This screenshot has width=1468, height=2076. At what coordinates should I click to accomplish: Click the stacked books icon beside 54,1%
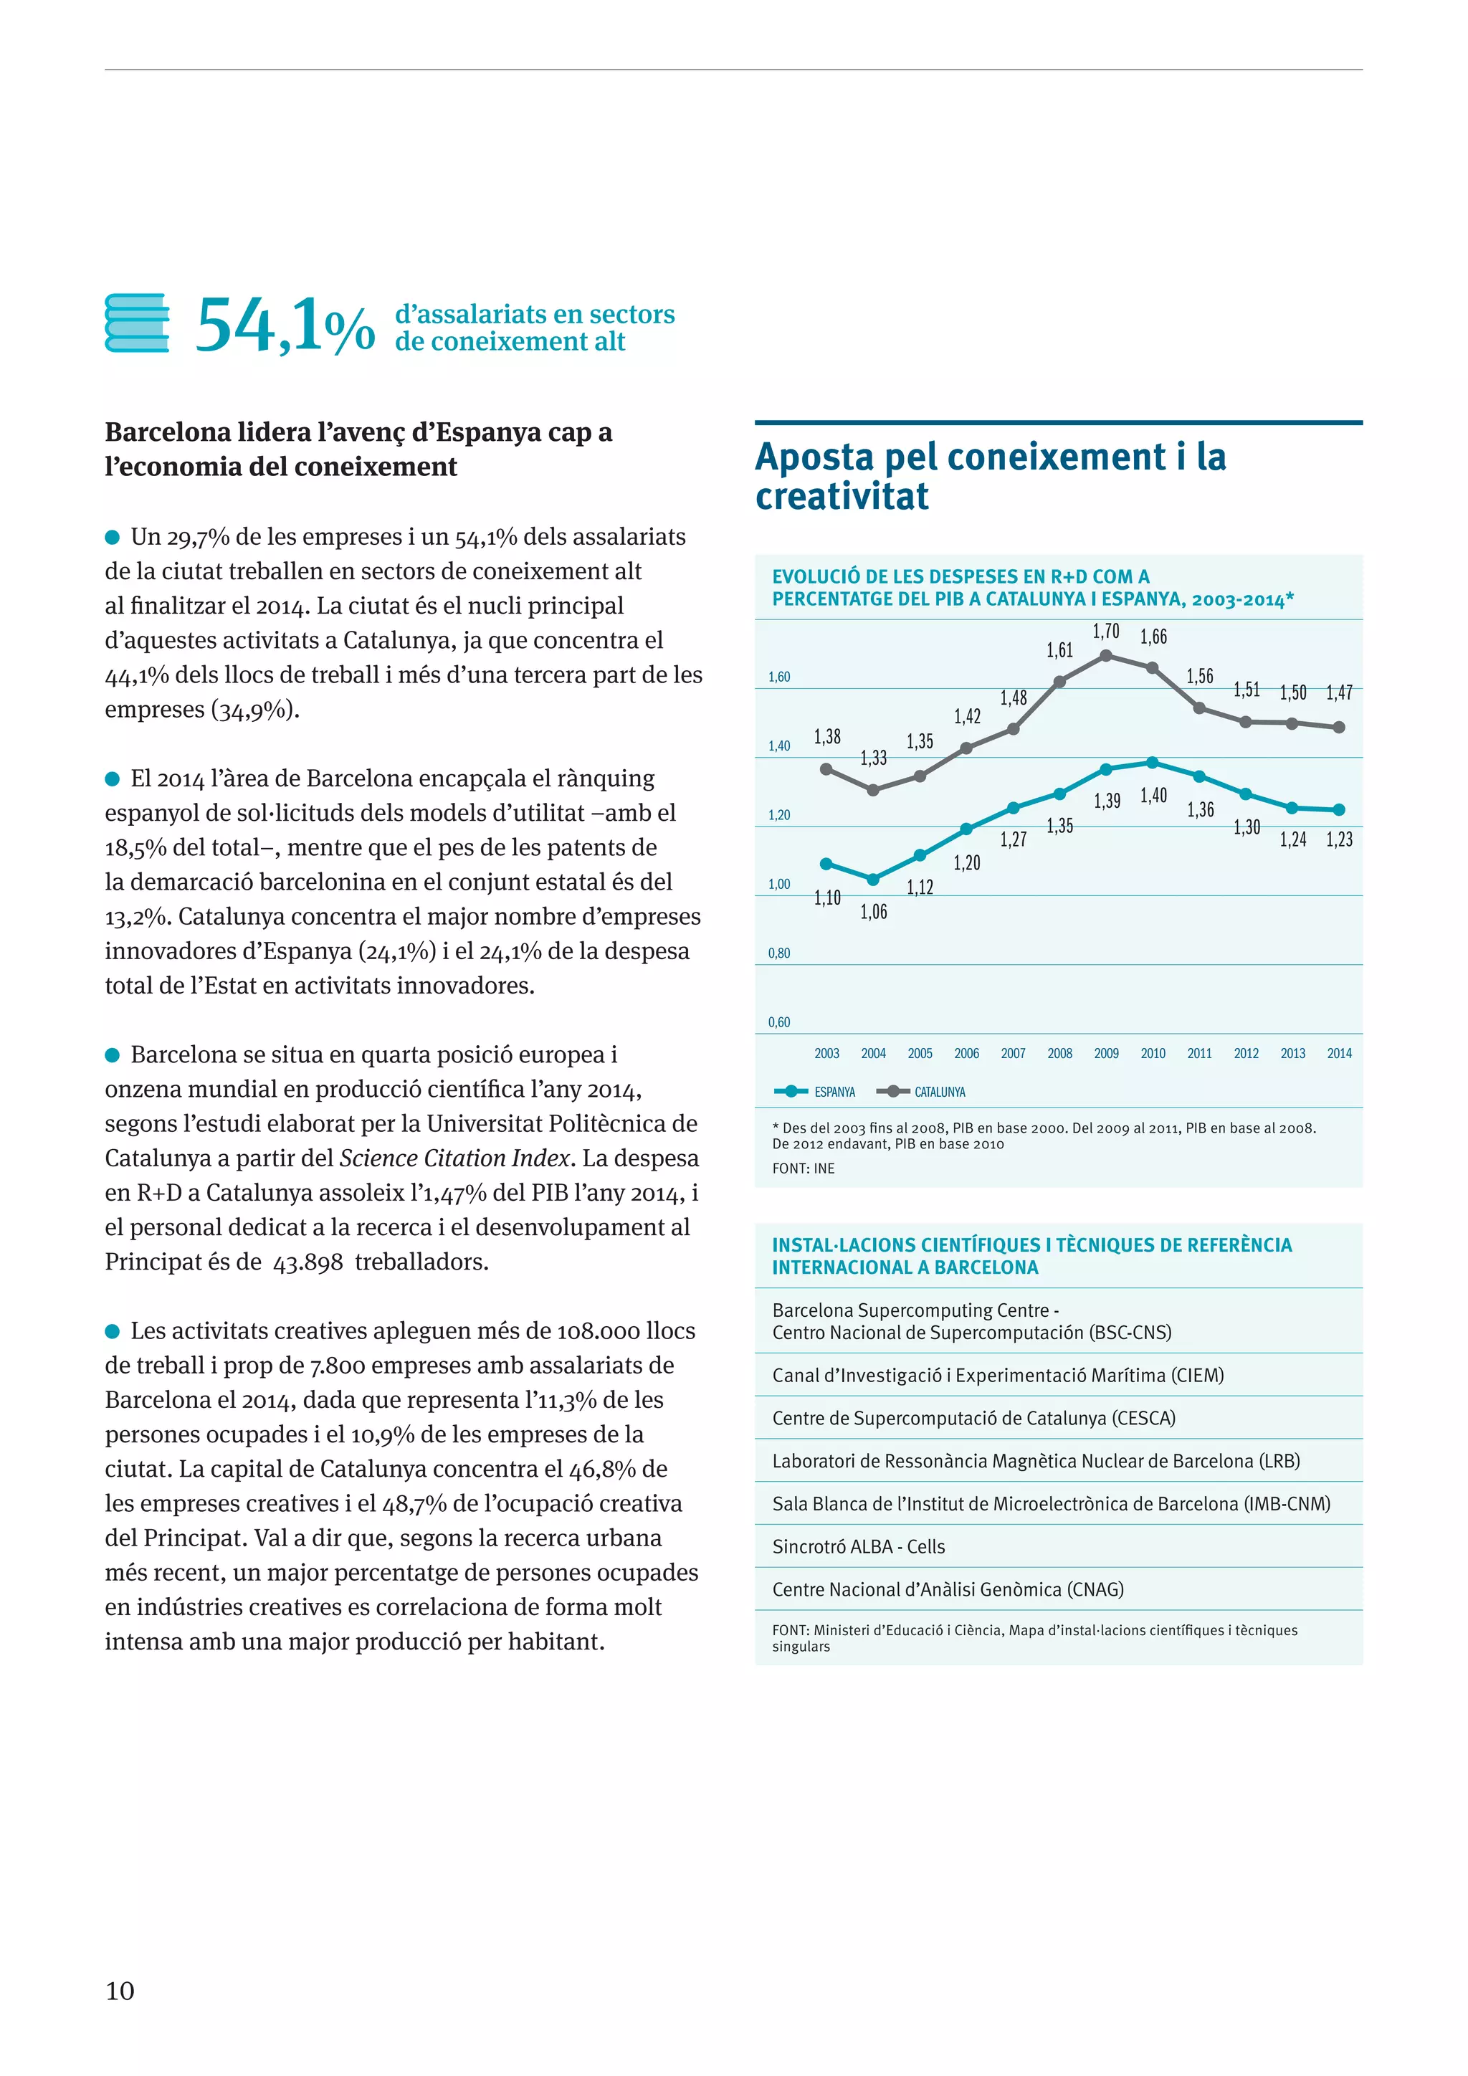[136, 323]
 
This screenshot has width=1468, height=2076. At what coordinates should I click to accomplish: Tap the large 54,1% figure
[284, 326]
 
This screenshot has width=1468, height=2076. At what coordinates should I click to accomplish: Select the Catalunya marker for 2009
[1105, 655]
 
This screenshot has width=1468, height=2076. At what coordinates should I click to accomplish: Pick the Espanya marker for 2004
[873, 879]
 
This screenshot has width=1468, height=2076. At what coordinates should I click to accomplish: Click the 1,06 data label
[873, 911]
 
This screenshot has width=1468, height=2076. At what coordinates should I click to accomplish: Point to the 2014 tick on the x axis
[1339, 1053]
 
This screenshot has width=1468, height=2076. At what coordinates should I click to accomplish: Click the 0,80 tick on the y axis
[779, 953]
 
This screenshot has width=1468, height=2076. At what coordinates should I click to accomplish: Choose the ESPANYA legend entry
[815, 1091]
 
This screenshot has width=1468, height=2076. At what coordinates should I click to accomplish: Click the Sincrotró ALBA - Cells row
[859, 1546]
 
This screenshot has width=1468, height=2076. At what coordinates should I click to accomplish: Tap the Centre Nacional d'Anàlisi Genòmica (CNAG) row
[948, 1589]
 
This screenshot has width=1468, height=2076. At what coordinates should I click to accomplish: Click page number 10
[120, 1990]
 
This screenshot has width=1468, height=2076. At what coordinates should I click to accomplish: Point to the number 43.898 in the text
[308, 1262]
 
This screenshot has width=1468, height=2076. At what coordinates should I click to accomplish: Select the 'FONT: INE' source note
[804, 1168]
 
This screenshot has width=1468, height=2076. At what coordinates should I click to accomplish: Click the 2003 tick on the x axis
[826, 1053]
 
